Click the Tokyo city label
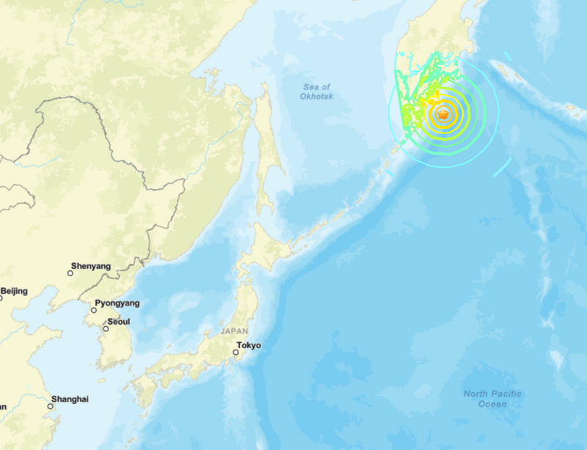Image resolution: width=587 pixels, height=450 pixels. click(249, 346)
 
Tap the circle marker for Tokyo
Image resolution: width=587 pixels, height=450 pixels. click(236, 353)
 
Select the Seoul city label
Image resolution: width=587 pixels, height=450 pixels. click(118, 321)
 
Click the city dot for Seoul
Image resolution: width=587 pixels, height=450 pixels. click(106, 328)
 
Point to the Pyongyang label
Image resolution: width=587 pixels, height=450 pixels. click(117, 303)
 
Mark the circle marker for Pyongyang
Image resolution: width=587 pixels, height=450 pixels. click(93, 310)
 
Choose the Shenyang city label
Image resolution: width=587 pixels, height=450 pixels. click(90, 266)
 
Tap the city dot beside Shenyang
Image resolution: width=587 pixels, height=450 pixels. click(70, 273)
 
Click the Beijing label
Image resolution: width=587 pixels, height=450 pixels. click(14, 291)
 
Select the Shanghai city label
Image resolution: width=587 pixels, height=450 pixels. click(70, 399)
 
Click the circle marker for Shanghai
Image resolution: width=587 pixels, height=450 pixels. click(51, 405)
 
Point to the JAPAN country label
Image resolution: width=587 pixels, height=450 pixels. click(235, 331)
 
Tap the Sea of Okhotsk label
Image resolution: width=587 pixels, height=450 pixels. click(316, 92)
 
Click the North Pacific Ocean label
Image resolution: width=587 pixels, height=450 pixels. click(492, 399)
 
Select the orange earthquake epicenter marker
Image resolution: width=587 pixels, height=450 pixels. click(442, 114)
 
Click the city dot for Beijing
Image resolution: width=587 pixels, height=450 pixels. click(1, 298)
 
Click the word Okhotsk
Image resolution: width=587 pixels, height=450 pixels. click(316, 96)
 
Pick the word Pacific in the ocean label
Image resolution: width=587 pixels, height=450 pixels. click(506, 394)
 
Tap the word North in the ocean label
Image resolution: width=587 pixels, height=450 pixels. click(476, 394)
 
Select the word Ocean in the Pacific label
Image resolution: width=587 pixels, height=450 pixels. click(492, 404)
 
